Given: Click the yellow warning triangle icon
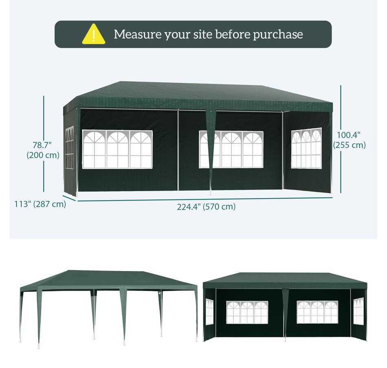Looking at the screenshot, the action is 94,34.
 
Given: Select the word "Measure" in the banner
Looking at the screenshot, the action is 137,34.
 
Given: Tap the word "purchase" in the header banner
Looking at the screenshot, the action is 278,35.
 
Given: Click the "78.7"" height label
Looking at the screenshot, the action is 42,145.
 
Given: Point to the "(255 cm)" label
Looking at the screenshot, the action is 349,145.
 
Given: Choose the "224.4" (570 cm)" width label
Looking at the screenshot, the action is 206,207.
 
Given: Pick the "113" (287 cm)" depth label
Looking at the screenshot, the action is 40,204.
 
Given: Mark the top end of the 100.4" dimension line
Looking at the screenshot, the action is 341,86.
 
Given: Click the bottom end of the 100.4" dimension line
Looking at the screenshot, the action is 341,193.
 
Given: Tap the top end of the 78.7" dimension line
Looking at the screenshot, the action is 44,96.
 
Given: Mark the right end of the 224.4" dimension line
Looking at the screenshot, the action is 332,197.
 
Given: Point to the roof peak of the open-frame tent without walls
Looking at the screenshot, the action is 69,270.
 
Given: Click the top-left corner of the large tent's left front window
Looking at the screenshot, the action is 82,130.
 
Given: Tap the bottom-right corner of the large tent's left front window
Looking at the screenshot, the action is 152,168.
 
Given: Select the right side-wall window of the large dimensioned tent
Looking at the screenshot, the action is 306,148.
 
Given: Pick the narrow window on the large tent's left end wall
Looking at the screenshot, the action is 69,148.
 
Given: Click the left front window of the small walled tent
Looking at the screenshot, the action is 247,312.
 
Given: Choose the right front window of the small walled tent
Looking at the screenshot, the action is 317,312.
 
